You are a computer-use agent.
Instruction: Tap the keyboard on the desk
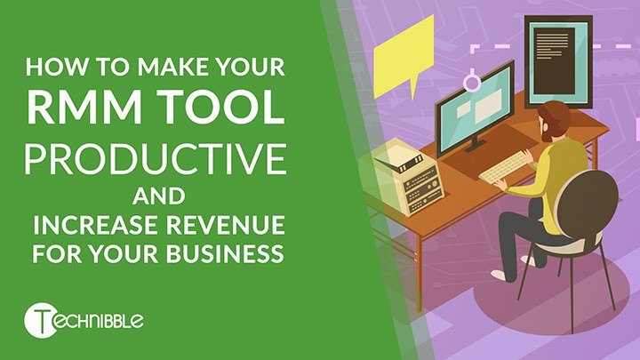pyautogui.click(x=505, y=168)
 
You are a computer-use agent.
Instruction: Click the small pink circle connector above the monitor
pyautogui.click(x=473, y=83)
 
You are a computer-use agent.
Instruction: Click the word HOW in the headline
pyautogui.click(x=52, y=68)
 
